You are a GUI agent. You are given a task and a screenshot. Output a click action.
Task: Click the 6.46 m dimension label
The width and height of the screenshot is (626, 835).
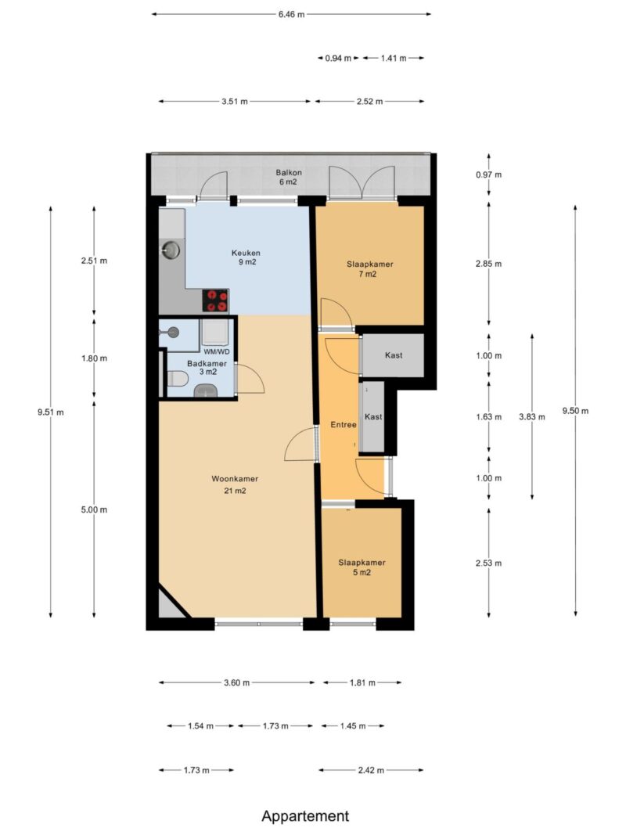point(291,14)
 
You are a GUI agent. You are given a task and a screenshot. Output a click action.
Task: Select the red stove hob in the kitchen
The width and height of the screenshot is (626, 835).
point(216,301)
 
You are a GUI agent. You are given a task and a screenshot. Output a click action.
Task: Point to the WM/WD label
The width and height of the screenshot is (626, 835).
point(217,351)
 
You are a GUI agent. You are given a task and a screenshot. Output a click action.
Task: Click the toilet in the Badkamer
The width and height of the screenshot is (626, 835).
point(178,379)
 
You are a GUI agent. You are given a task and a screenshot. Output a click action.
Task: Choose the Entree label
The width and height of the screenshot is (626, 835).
point(344,424)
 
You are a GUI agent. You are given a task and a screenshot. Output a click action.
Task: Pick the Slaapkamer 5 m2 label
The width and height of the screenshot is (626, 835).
point(362,567)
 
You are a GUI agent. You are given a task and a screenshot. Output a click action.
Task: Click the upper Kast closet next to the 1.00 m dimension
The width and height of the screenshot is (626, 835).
point(393,355)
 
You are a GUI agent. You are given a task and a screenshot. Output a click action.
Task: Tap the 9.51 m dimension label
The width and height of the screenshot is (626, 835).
point(51,412)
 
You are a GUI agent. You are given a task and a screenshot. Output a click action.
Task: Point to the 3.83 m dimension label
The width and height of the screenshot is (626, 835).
point(532,417)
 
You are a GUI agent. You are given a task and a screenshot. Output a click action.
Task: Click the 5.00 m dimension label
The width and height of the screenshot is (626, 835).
point(94,509)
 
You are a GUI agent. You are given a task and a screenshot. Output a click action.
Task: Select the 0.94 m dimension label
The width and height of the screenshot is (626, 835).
point(338,58)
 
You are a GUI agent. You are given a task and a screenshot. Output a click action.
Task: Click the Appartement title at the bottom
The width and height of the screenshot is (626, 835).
point(305,816)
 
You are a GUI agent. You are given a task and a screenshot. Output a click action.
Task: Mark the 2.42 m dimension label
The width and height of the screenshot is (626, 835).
point(370,770)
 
